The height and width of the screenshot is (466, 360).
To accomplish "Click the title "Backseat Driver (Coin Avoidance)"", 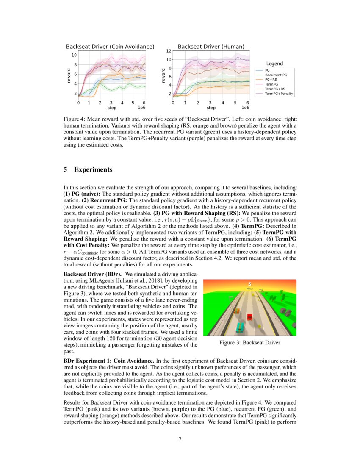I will [110, 46].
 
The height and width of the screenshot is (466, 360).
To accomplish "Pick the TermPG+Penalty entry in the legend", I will [279, 93].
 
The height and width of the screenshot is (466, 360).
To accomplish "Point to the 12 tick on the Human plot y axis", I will [168, 51].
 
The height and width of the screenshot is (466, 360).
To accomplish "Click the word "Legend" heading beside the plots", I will [274, 64].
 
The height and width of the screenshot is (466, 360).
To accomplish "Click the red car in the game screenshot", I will [250, 316].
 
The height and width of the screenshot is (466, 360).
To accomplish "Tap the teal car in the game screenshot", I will [240, 327].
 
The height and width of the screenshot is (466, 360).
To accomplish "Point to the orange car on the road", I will [237, 311].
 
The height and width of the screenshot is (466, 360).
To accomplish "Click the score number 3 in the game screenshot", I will [249, 284].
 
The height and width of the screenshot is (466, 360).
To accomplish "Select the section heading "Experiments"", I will [92, 170].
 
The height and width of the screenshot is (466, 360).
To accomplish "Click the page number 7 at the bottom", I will [180, 439].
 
